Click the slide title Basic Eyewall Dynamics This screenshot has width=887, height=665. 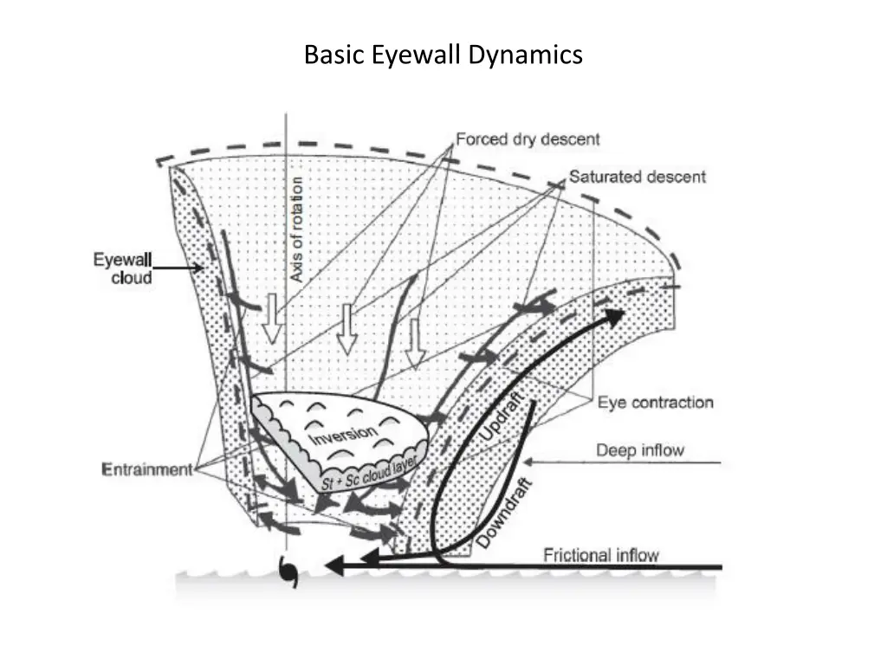(x=443, y=55)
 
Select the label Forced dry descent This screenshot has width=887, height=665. (x=528, y=139)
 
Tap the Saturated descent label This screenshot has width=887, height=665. (x=637, y=177)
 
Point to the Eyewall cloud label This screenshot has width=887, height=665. (x=123, y=269)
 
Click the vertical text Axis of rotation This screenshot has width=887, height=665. (x=297, y=229)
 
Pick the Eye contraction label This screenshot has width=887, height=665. (x=656, y=403)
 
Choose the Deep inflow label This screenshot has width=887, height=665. (x=639, y=450)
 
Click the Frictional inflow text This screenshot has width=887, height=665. (x=601, y=555)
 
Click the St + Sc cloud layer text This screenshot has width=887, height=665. (x=369, y=471)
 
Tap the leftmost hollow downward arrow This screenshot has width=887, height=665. (x=273, y=320)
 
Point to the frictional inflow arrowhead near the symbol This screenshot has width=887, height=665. (x=335, y=566)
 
